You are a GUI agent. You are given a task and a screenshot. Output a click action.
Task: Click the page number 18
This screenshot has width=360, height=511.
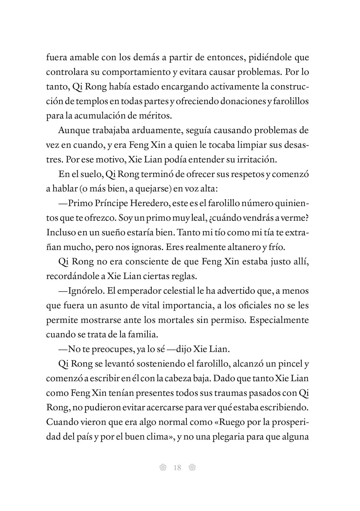177,468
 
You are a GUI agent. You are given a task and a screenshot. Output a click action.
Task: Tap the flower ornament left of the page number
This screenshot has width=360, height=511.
162,468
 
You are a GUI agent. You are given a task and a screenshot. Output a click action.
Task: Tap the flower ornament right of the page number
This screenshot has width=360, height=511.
192,468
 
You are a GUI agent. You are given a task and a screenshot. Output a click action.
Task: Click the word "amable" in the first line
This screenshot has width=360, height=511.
82,57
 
